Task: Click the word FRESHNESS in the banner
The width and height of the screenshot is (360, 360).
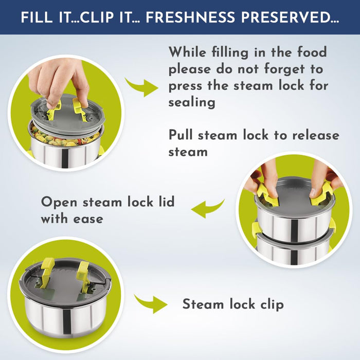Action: pyautogui.click(x=190, y=17)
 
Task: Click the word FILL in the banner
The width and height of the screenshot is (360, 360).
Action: pyautogui.click(x=37, y=17)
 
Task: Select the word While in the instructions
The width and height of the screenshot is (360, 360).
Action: pyautogui.click(x=187, y=52)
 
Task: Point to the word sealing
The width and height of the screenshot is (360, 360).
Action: pyautogui.click(x=192, y=102)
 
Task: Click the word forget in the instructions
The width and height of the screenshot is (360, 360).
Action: pyautogui.click(x=284, y=69)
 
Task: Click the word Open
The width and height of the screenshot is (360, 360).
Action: pyautogui.click(x=59, y=203)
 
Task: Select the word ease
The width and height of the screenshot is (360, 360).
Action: pyautogui.click(x=88, y=219)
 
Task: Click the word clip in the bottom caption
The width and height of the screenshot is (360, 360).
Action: pyautogui.click(x=272, y=305)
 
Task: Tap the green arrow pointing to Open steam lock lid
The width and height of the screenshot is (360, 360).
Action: pyautogui.click(x=208, y=208)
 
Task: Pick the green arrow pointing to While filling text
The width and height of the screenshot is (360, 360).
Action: pyautogui.click(x=141, y=87)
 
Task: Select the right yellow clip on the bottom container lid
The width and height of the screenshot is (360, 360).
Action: pyautogui.click(x=83, y=274)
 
